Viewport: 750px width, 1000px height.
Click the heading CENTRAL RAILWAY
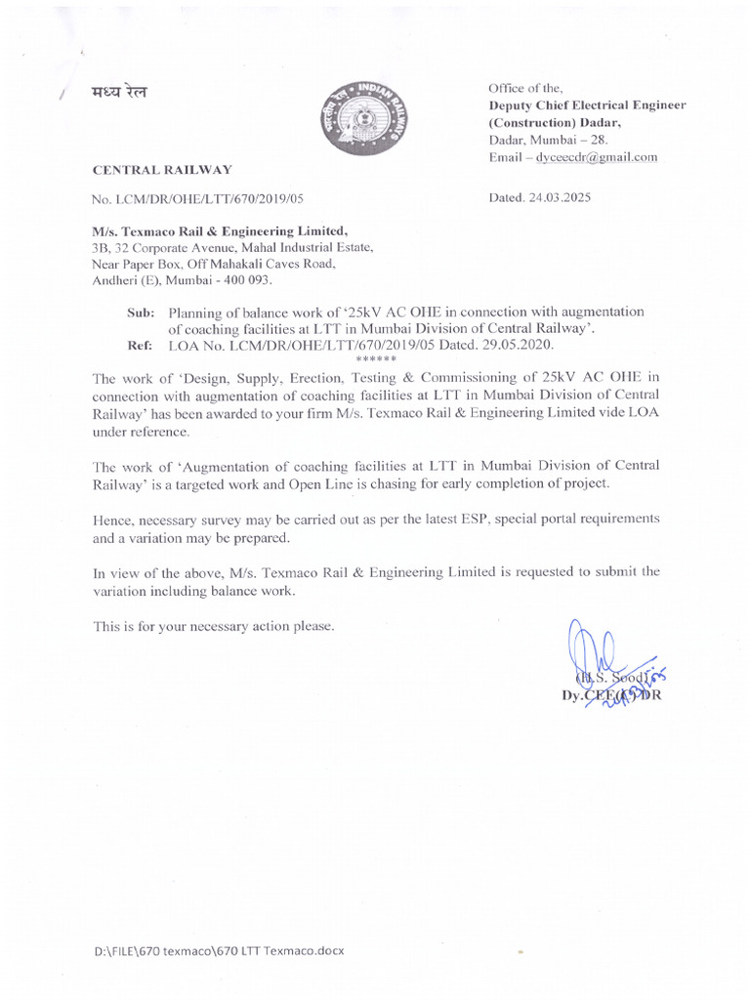point(162,170)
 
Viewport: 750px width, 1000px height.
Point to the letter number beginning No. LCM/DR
point(198,198)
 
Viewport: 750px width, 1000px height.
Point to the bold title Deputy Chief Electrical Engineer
point(587,105)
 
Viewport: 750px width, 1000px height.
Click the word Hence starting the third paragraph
point(112,519)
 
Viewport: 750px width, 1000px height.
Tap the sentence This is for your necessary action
point(214,626)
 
